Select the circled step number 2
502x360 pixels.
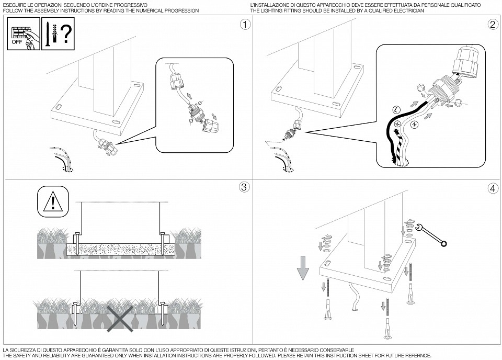pyautogui.click(x=492, y=24)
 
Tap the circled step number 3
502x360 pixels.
pyautogui.click(x=244, y=187)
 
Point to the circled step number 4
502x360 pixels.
pyautogui.click(x=492, y=187)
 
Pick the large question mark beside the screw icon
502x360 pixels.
pyautogui.click(x=65, y=33)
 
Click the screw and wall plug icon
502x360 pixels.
pyautogui.click(x=49, y=33)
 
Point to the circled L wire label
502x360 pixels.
pyautogui.click(x=396, y=110)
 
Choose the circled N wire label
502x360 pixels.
pyautogui.click(x=415, y=124)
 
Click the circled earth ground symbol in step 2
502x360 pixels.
pyautogui.click(x=397, y=124)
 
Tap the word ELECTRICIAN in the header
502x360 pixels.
pyautogui.click(x=408, y=10)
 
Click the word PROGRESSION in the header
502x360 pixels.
pyautogui.click(x=182, y=10)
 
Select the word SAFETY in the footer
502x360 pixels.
pyautogui.click(x=22, y=355)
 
